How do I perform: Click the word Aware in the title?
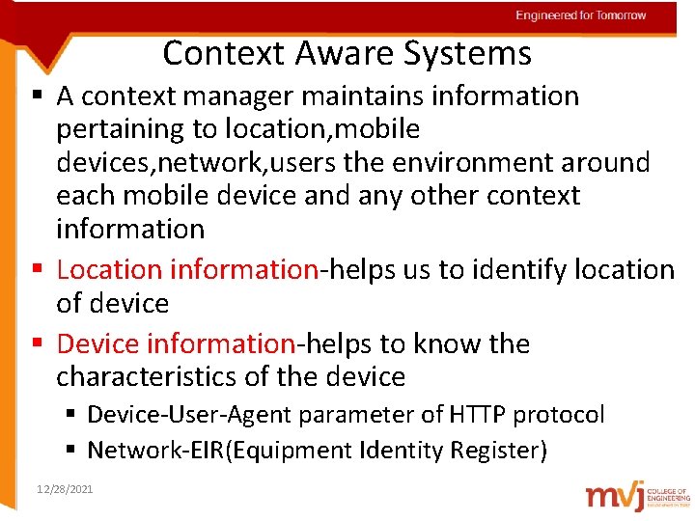(x=356, y=53)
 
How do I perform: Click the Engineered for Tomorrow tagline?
(x=580, y=15)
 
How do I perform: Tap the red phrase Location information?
(x=187, y=270)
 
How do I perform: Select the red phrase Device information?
(x=176, y=343)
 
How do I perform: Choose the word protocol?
(x=559, y=416)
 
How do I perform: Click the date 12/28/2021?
(x=65, y=490)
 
